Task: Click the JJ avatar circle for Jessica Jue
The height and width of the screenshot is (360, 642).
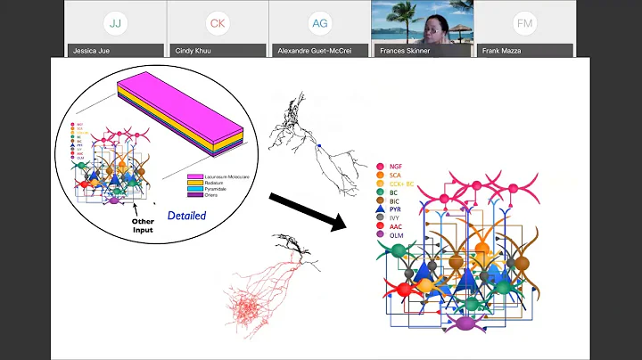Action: click(x=115, y=22)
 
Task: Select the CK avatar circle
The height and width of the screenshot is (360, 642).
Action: click(x=217, y=22)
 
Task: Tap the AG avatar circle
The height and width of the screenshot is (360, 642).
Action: click(x=319, y=22)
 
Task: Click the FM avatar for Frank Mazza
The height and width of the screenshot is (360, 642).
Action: click(x=524, y=22)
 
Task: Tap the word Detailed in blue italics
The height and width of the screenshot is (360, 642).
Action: click(x=186, y=216)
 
